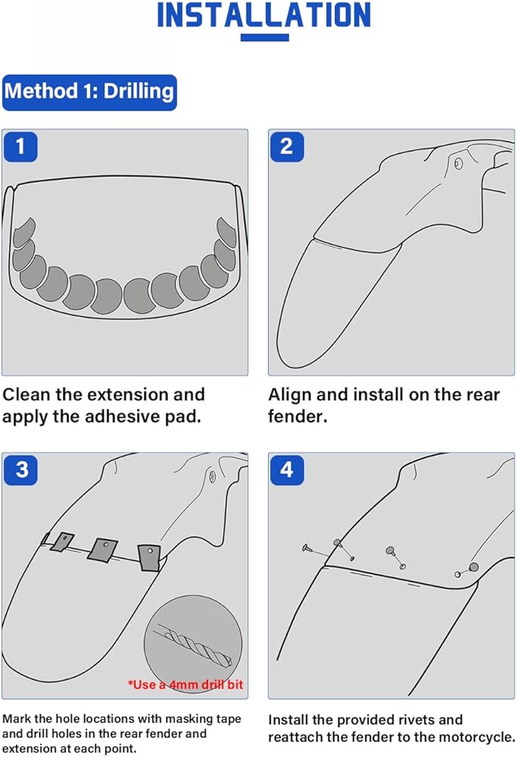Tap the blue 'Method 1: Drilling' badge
89,92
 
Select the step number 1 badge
20,146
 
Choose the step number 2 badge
286,146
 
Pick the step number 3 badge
21,469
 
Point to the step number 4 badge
286,469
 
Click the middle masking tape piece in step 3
102,548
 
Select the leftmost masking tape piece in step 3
61,540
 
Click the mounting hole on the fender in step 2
457,163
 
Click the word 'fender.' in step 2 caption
297,416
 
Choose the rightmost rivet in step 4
473,567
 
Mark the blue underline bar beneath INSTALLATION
264,37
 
